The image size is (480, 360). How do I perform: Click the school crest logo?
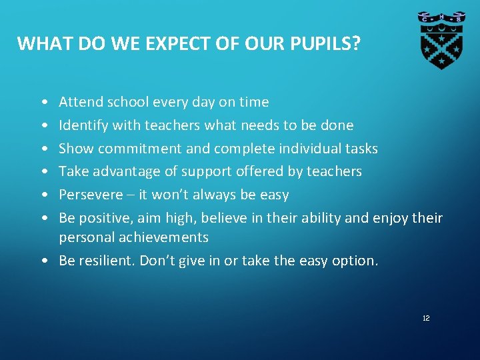(441, 41)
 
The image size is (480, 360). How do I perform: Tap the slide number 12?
(426, 319)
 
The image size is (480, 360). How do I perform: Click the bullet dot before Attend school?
(43, 103)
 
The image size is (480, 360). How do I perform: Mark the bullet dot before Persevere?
(43, 195)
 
